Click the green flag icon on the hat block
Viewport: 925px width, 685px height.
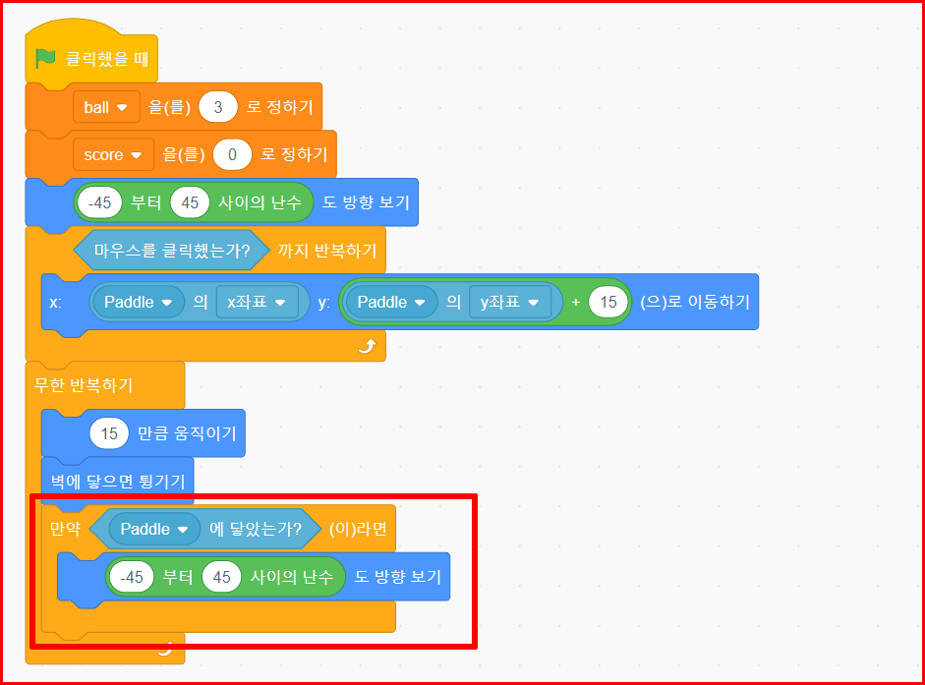pos(46,58)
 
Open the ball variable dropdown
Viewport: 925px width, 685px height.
pos(105,107)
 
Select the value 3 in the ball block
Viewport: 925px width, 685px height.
pos(218,107)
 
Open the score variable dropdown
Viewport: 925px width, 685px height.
pos(112,154)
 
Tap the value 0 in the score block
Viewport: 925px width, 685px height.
pos(233,154)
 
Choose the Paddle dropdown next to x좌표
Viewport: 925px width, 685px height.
pos(138,302)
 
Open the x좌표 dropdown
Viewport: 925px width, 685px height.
pos(257,302)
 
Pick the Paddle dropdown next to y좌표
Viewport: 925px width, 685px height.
pos(391,302)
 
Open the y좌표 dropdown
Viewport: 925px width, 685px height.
pos(509,302)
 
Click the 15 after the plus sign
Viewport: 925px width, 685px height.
pos(607,302)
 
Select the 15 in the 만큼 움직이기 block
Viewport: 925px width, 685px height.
pos(109,432)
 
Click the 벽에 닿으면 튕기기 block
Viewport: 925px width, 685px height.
pos(118,481)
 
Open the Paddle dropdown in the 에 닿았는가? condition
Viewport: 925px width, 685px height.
pos(153,529)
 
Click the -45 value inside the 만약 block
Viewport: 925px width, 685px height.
pos(132,577)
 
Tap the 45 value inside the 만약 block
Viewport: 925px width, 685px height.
pos(221,577)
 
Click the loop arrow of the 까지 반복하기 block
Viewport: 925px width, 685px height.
pos(367,346)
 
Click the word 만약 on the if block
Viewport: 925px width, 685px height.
pos(66,529)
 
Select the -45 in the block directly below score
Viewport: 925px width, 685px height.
pos(100,202)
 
